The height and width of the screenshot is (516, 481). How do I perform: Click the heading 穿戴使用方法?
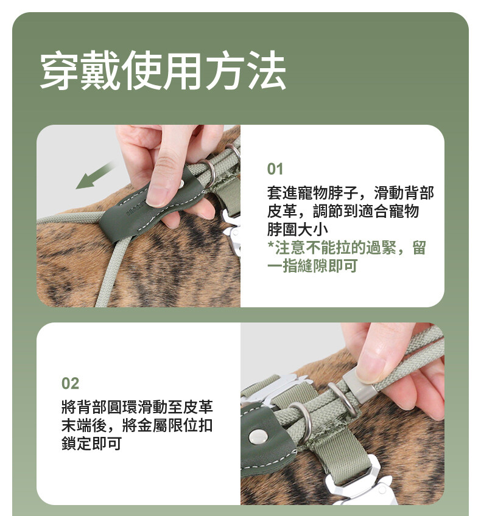[x=163, y=71]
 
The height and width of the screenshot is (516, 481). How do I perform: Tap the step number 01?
[x=275, y=169]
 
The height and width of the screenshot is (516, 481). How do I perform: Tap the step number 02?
[x=70, y=383]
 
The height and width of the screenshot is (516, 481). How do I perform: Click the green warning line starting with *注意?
[x=346, y=248]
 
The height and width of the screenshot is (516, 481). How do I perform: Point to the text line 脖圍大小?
[x=297, y=229]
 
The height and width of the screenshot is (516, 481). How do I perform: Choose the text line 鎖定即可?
[x=91, y=443]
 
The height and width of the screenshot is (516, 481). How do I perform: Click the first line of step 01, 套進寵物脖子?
[x=350, y=193]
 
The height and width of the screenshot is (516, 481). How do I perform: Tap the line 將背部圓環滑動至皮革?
[x=137, y=407]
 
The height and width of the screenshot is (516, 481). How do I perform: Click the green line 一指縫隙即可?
[x=312, y=265]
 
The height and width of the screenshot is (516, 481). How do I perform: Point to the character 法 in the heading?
[x=266, y=71]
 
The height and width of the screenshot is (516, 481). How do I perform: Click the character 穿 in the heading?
[x=59, y=71]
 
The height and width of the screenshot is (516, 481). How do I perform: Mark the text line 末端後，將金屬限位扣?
[x=137, y=425]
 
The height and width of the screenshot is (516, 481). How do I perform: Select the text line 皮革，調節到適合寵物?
[x=343, y=211]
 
